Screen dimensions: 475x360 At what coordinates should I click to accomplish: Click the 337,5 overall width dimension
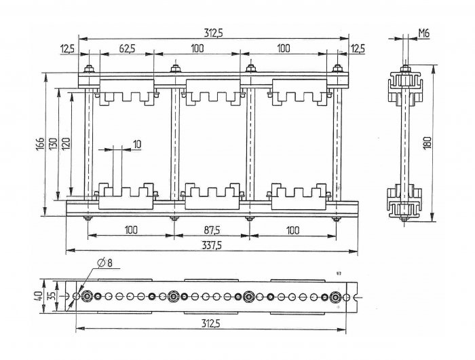coord(212,245)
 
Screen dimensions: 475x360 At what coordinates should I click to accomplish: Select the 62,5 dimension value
coord(128,48)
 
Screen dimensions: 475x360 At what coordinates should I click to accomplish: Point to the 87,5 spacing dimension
coord(212,230)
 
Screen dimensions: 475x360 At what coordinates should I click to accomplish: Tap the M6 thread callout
coord(424,33)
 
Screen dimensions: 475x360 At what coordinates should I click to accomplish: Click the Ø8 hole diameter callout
coord(104,263)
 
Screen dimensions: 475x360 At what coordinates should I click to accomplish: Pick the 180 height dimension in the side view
coord(427,143)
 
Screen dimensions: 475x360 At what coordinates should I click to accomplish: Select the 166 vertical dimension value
coord(40,145)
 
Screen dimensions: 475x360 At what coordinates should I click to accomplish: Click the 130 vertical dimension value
coord(53,145)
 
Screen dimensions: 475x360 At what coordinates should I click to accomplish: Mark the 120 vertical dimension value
coord(66,144)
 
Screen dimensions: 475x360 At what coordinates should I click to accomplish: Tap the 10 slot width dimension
coord(137,144)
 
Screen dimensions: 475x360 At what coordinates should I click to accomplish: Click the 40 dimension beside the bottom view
coord(38,296)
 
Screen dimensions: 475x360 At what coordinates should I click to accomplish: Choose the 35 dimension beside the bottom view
coord(52,296)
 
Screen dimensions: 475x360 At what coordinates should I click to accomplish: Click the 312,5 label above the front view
coord(213,33)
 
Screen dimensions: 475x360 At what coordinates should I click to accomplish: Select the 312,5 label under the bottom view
coord(211,323)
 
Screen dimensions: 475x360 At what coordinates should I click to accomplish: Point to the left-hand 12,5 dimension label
coord(67,49)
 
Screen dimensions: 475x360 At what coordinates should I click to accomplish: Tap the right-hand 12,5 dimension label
coord(358,48)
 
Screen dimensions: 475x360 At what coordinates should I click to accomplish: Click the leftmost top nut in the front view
coord(89,69)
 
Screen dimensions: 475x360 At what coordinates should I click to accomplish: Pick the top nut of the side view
coord(405,69)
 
